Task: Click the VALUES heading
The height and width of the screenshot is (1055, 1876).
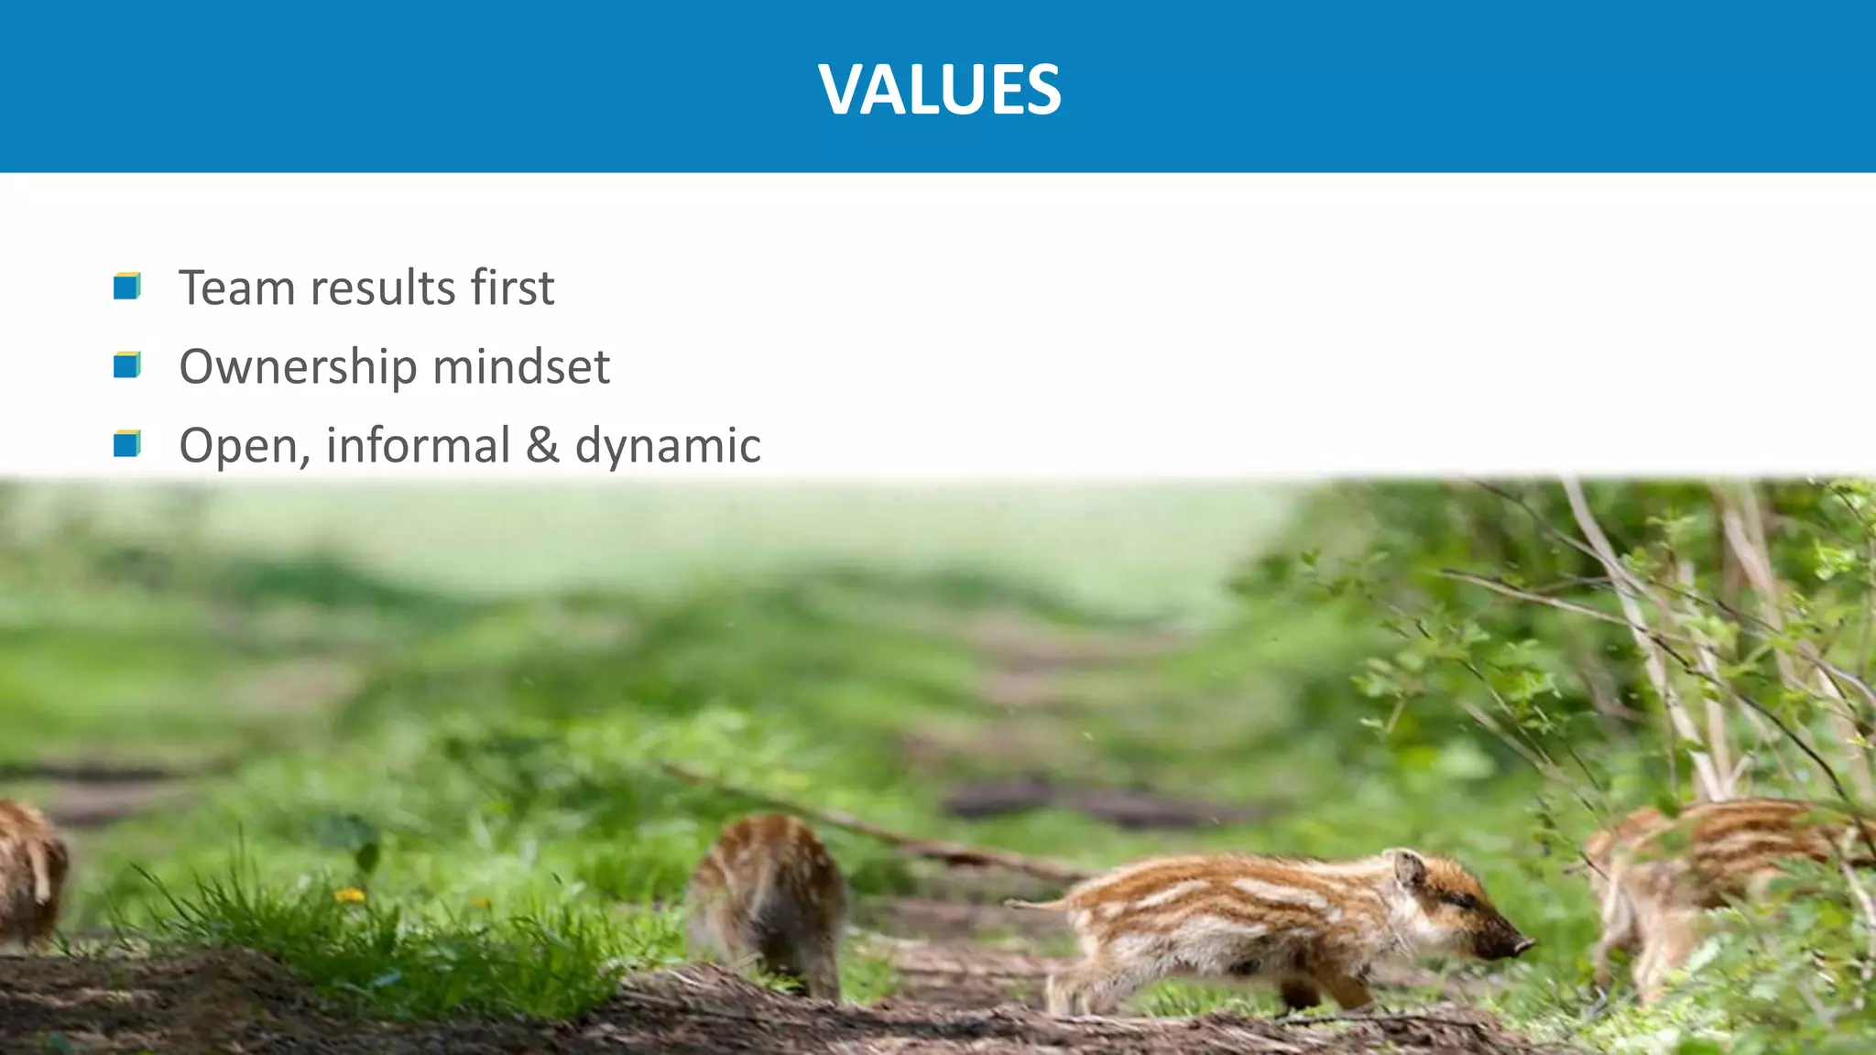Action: point(940,90)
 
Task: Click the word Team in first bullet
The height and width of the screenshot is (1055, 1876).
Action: point(237,288)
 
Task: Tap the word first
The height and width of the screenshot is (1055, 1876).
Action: point(512,288)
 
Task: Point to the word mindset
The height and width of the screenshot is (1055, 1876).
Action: point(520,366)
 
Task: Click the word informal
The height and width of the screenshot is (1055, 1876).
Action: point(418,445)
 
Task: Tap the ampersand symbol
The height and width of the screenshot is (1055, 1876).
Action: point(542,445)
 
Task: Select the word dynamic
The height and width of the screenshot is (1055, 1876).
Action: point(668,447)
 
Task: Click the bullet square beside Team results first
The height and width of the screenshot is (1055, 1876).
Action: point(126,287)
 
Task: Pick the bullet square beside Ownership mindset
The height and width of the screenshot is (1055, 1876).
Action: point(126,365)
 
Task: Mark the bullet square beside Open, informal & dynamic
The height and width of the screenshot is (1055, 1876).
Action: point(126,444)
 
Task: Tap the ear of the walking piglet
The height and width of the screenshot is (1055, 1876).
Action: point(1406,865)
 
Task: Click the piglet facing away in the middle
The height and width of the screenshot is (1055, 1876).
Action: point(768,902)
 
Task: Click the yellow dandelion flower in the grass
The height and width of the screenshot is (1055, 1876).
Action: point(349,895)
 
